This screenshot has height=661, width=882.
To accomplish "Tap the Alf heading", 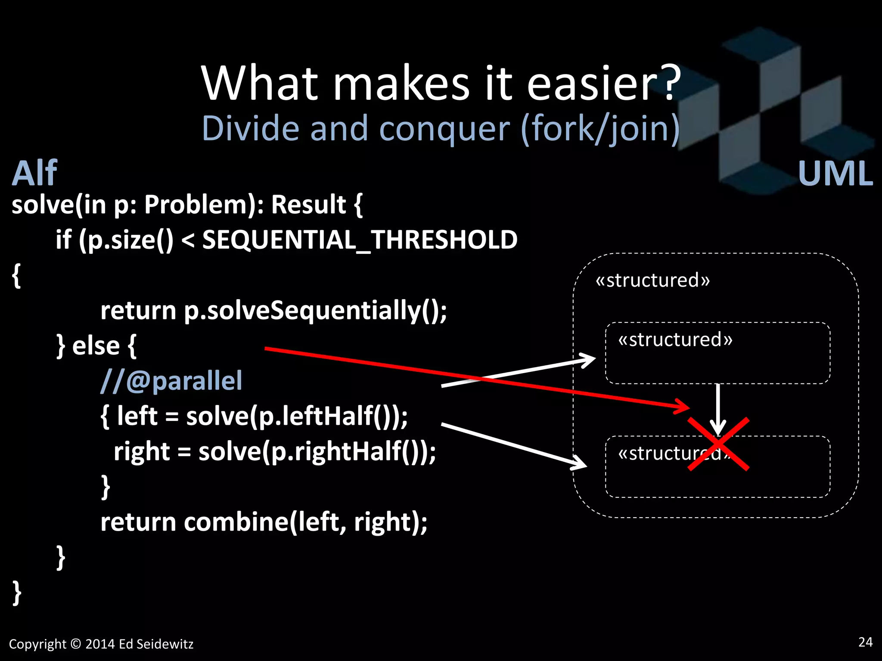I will (34, 173).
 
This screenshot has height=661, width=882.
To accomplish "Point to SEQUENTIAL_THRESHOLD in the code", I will (360, 240).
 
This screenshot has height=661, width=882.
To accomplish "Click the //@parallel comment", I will (171, 381).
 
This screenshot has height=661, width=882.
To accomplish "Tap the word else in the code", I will (96, 346).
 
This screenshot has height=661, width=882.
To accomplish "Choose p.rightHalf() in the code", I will (345, 452).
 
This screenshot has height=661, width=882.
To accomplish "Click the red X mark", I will (718, 444).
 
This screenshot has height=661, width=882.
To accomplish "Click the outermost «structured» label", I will (652, 281).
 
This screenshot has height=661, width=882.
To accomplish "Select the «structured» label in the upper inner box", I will (675, 340).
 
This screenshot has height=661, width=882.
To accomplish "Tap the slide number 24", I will (865, 642).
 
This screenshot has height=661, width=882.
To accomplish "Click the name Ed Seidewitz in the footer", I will (156, 644).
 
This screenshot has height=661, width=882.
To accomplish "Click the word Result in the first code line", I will (308, 204).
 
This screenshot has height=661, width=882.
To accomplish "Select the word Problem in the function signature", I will (196, 204).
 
